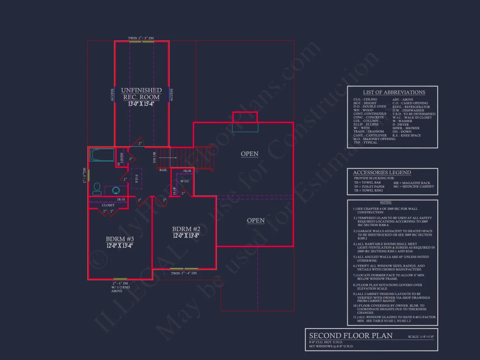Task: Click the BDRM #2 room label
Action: pos(186,229)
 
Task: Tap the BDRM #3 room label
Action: pos(120,239)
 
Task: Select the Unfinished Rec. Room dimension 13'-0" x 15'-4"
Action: pos(141,104)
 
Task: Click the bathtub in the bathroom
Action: pos(101,155)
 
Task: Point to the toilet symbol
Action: pos(97,189)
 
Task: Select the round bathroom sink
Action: pos(116,190)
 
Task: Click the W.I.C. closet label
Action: pos(184,181)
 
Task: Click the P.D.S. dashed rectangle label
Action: pos(136,178)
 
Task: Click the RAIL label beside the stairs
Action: pos(163,170)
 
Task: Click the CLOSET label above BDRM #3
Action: pos(108,205)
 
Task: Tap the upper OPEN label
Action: pos(250,154)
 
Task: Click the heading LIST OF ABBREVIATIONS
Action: pos(394,92)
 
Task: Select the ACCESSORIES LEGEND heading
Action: pos(381,172)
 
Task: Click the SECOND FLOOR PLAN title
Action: pos(351,336)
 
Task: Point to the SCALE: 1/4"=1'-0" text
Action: pos(421,337)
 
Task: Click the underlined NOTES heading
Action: pos(385,202)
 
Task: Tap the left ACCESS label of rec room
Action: pos(112,95)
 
